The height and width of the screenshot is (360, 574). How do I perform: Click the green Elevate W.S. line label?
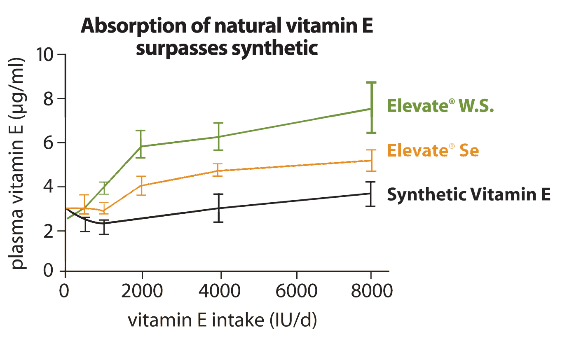coord(440,106)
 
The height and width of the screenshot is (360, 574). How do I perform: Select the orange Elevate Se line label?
coord(433,150)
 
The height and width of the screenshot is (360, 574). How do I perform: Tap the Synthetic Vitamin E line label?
coord(469,194)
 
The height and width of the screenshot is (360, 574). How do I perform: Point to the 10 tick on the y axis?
coord(46,54)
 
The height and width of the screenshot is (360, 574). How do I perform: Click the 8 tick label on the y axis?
coord(49,99)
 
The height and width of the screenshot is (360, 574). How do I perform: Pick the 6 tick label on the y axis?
coord(49,143)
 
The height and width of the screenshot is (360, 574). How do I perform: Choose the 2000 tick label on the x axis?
coord(142,291)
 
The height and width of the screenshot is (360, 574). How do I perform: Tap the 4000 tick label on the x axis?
coord(220,291)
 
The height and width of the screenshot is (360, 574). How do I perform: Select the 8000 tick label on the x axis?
coord(372,291)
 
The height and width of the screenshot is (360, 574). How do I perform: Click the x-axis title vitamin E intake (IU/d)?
coord(223,320)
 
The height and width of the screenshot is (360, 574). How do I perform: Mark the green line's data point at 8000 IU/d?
coord(371,109)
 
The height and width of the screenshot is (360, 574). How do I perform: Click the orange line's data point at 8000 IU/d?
coord(371,160)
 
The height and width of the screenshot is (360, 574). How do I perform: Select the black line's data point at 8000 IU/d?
coord(371,193)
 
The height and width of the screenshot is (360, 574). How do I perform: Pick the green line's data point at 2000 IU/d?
coord(141,146)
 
